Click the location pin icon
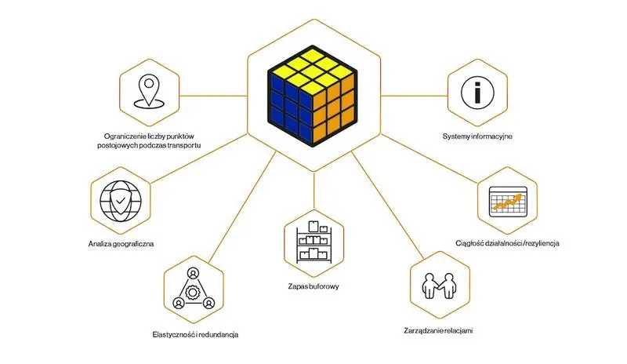(149, 92)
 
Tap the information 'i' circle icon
(477, 93)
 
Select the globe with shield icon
(121, 201)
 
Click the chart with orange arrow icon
(508, 202)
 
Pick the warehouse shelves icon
(314, 242)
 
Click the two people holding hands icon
(439, 286)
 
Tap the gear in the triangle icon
(193, 289)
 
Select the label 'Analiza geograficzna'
(121, 244)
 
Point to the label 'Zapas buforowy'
(313, 286)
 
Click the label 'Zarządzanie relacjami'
(438, 331)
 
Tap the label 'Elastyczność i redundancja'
(195, 334)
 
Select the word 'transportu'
(184, 146)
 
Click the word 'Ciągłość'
(469, 243)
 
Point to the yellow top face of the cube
(313, 71)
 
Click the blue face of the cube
(289, 107)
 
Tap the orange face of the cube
(335, 107)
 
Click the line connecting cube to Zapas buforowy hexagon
(314, 191)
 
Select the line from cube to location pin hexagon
(213, 96)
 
